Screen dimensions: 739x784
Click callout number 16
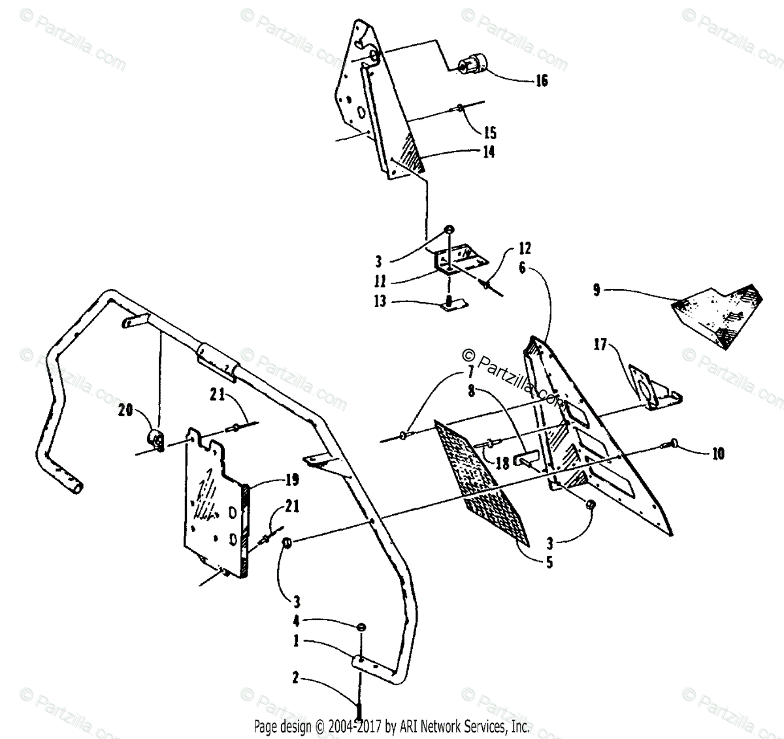click(x=541, y=81)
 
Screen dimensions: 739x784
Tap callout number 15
click(x=490, y=133)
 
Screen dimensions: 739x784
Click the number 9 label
click(x=596, y=289)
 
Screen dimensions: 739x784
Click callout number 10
click(x=717, y=453)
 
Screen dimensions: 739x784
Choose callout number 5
click(x=549, y=561)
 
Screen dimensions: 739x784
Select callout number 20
click(x=125, y=410)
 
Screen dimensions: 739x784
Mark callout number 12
click(x=525, y=249)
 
